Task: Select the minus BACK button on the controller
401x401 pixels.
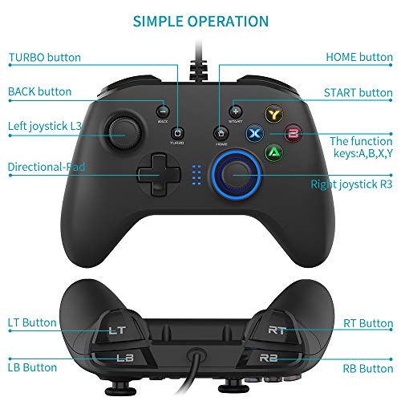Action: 163,111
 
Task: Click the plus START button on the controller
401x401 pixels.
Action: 235,111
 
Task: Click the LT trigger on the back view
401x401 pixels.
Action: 118,327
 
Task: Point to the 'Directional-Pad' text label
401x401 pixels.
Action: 47,168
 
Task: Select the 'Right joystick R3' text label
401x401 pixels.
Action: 352,184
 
